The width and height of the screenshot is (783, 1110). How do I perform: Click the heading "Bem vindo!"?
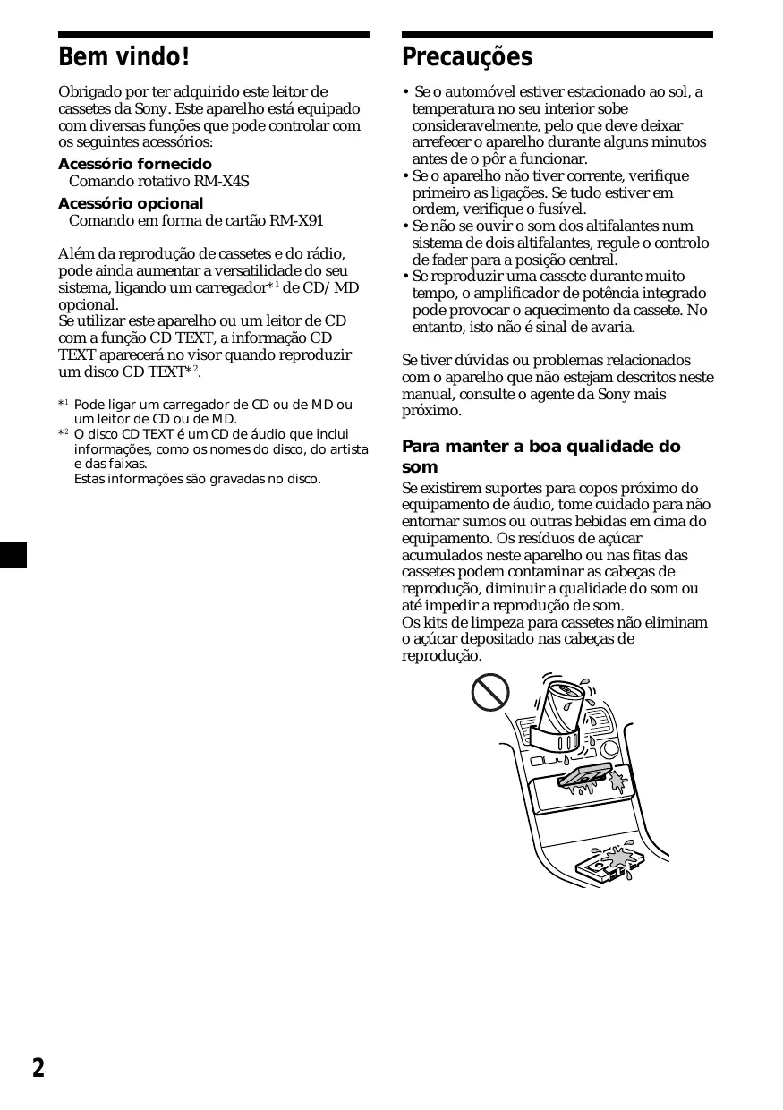coord(123,58)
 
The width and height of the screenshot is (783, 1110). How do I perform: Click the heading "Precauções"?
coord(466,58)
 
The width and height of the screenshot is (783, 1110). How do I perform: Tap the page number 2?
coord(38,1067)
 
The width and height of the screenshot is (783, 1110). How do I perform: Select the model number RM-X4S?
coord(222,181)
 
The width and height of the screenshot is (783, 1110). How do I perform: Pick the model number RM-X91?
coord(296,220)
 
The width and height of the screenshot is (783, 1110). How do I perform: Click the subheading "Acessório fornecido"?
coord(135,164)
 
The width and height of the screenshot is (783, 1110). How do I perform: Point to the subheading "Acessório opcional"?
coord(131,203)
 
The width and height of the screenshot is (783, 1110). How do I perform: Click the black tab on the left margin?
coord(13,554)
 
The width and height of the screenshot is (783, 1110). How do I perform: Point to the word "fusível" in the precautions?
coord(561,209)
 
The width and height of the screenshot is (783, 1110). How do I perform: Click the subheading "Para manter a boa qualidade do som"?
coord(540,456)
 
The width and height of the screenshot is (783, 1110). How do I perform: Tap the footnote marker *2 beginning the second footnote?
coord(64,433)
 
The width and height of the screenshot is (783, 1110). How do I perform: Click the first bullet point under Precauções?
coord(406,92)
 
